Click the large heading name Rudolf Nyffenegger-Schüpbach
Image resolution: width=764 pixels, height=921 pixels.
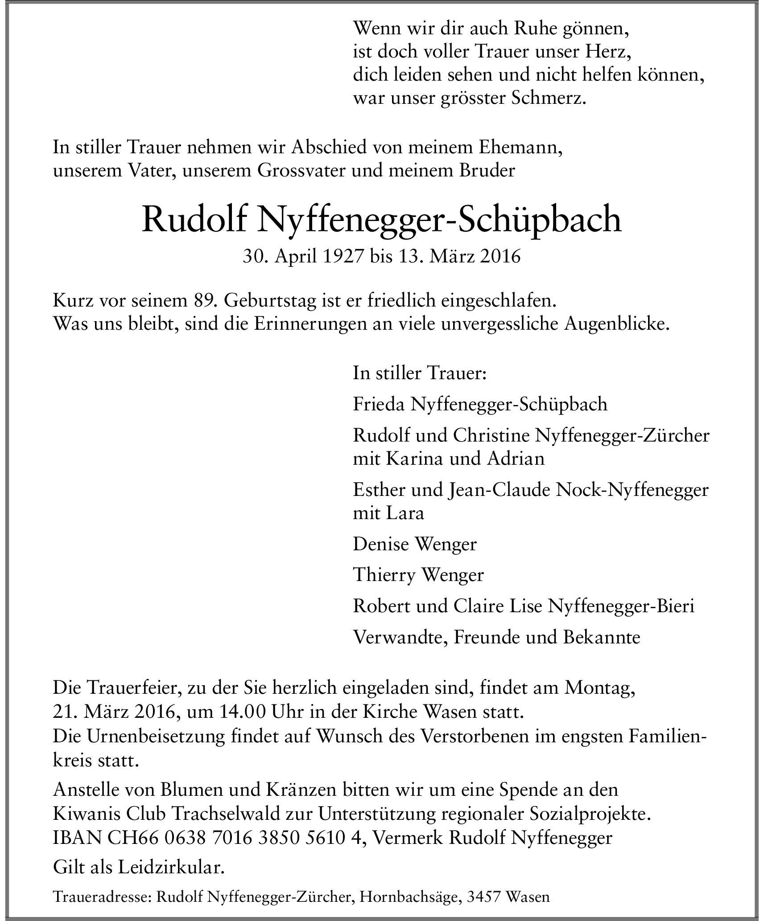[381, 221]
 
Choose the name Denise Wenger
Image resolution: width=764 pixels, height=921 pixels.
[415, 544]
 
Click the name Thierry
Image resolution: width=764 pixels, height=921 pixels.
[383, 575]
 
